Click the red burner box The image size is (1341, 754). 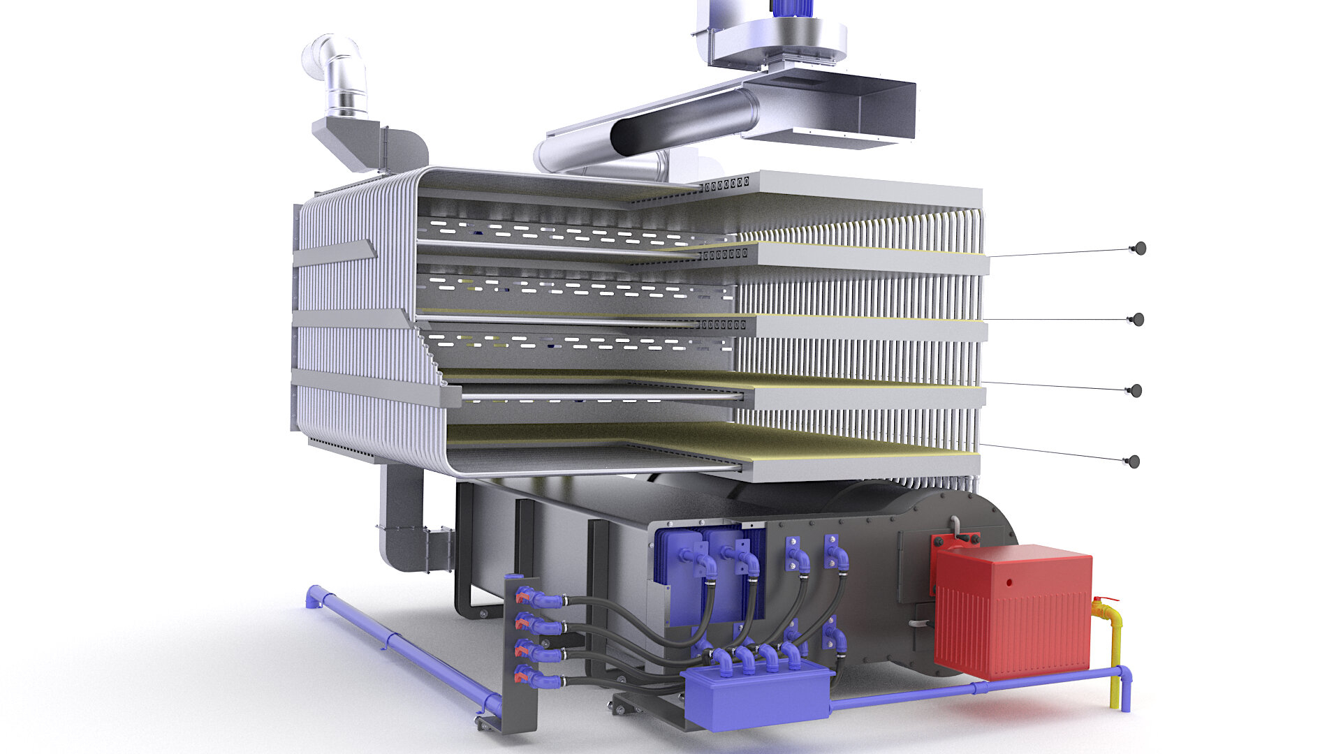tap(1013, 614)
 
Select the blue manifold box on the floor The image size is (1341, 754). tap(758, 695)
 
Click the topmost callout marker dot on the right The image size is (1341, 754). tap(1140, 248)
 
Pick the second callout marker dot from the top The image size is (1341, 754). tap(1138, 319)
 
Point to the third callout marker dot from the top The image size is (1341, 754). tap(1136, 390)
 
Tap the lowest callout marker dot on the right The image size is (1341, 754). tap(1134, 461)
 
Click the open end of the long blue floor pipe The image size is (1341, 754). tap(313, 598)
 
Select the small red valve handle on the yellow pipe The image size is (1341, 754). tap(1105, 599)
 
